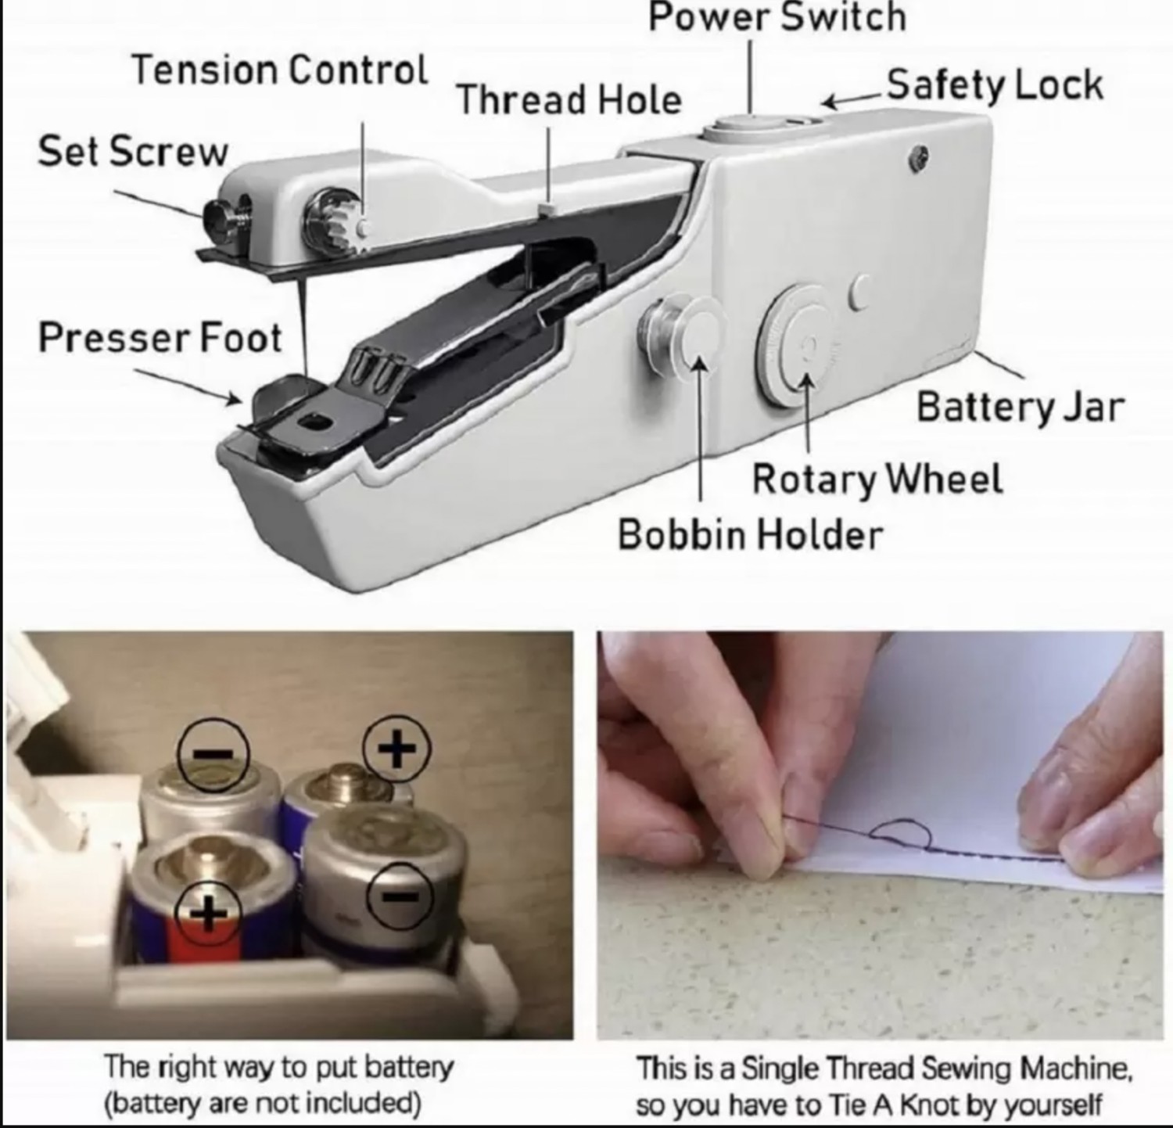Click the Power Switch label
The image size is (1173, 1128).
point(777,17)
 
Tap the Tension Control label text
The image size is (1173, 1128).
point(279,70)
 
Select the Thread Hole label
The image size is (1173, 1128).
point(569,100)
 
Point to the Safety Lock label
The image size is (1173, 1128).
point(995,84)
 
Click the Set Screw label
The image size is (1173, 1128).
point(133,151)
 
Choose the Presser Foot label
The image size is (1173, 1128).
point(160,338)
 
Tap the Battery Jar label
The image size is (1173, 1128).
point(1020,407)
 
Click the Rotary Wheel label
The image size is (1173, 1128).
point(877,478)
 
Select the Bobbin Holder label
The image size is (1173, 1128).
point(750,535)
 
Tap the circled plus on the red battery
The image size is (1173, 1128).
point(207,911)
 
